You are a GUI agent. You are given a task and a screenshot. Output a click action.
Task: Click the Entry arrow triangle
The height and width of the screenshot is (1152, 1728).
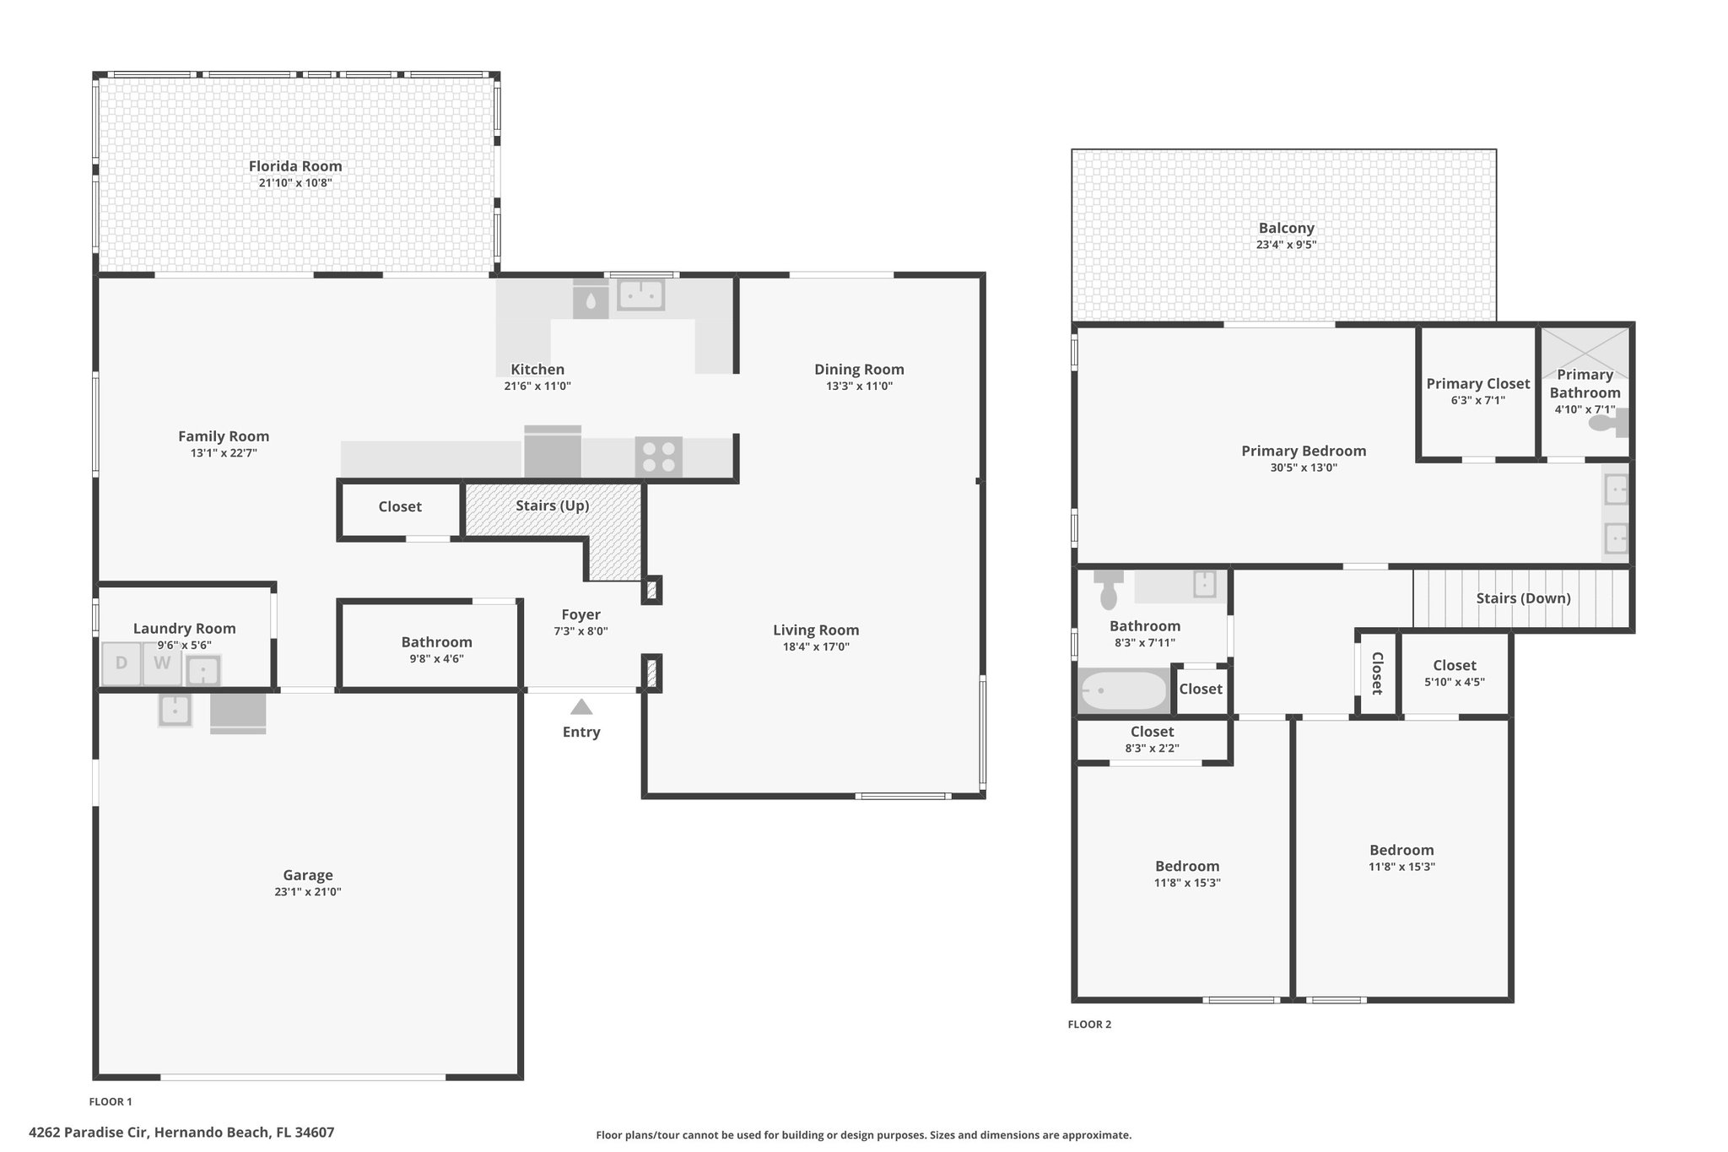(581, 707)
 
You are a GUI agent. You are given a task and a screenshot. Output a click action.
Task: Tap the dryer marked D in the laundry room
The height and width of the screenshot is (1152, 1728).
(121, 663)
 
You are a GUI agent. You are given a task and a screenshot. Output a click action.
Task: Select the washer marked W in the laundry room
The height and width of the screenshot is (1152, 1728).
(162, 663)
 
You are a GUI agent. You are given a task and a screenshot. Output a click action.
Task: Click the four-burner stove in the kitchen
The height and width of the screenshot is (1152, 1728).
(659, 457)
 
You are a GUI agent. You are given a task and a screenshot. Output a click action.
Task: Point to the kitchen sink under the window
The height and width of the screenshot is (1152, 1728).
(641, 295)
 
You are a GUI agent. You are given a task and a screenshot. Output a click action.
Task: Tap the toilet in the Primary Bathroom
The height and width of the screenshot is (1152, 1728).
(1608, 421)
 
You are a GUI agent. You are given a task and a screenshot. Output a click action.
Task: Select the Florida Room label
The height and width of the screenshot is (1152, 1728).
(295, 166)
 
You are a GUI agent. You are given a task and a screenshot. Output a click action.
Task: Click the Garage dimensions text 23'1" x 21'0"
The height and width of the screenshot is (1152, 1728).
(307, 892)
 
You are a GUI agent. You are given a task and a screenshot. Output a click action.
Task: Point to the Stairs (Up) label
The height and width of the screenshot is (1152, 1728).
(553, 506)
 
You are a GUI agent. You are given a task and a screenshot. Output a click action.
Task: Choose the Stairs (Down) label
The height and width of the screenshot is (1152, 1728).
(1523, 598)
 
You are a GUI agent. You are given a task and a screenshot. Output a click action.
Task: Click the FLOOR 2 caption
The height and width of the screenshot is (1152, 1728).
(1089, 1025)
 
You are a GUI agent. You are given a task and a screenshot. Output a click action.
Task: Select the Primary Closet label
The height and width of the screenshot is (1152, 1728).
(1478, 384)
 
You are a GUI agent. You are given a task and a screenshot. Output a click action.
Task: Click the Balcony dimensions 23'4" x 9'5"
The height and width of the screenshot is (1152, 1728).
(1286, 246)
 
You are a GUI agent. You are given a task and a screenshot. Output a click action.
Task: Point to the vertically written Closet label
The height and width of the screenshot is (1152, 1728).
(1377, 673)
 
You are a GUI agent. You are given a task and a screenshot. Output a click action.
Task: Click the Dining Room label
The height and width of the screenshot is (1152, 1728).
(859, 370)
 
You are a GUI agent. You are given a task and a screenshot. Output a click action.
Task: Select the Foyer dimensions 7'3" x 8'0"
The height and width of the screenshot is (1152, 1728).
(580, 631)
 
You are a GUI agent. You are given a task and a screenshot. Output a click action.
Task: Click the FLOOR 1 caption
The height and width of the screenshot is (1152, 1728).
(111, 1101)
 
